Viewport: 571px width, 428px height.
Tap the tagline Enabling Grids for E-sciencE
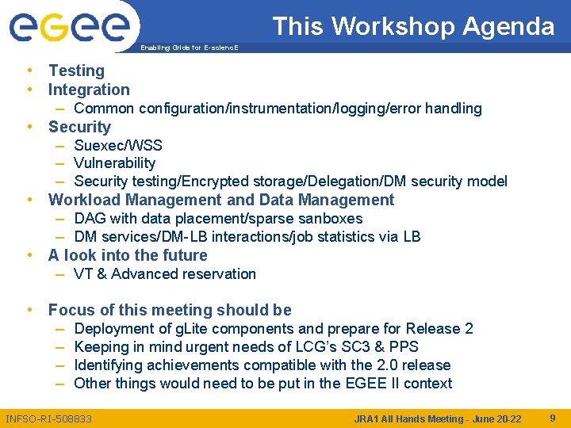point(188,48)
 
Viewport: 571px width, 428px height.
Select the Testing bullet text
point(76,71)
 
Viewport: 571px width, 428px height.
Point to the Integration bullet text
point(89,90)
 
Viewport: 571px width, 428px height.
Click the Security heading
point(79,127)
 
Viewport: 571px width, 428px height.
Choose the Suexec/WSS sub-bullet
point(117,145)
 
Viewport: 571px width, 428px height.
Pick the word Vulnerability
point(114,163)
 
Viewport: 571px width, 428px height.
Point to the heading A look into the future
point(128,255)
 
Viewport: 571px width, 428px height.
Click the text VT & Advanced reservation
point(164,274)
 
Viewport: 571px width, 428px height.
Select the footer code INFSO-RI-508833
point(48,418)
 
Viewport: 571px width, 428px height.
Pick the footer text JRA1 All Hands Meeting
point(406,418)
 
